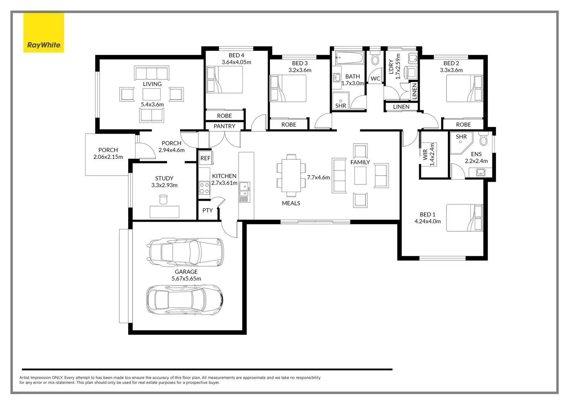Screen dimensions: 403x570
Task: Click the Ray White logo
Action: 44,33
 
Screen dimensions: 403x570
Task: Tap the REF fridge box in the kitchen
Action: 205,158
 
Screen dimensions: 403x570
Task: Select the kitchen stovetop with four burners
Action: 204,188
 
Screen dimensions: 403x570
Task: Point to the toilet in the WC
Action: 375,59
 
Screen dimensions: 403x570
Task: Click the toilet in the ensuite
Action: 483,139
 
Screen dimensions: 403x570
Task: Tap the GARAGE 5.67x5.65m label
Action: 186,275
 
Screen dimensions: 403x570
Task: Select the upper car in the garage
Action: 186,252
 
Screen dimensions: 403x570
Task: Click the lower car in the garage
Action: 185,299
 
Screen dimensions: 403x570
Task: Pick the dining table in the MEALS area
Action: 291,173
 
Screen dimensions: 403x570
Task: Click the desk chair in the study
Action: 163,200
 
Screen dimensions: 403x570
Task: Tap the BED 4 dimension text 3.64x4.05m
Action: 236,62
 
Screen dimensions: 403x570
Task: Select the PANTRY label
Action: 224,126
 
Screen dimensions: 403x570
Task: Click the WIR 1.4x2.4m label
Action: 429,155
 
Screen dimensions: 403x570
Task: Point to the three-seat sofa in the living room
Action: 152,73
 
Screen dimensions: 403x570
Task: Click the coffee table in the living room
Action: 151,94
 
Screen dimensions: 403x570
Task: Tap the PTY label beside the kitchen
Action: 208,210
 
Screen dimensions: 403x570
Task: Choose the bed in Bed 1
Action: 464,218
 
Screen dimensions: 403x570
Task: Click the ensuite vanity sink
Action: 481,172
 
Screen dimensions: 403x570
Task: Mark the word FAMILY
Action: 360,162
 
